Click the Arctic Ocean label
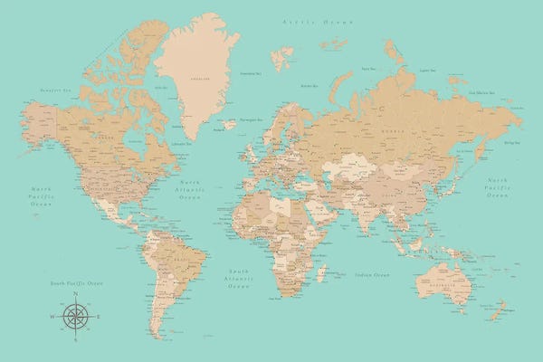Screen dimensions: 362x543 pyautogui.click(x=302, y=19)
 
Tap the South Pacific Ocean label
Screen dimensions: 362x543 pyautogui.click(x=77, y=283)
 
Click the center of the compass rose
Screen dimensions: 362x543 pyautogui.click(x=76, y=316)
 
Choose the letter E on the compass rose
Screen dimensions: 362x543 pyautogui.click(x=98, y=316)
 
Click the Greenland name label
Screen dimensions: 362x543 pyautogui.click(x=193, y=78)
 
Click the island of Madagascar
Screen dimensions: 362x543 pyautogui.click(x=323, y=271)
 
